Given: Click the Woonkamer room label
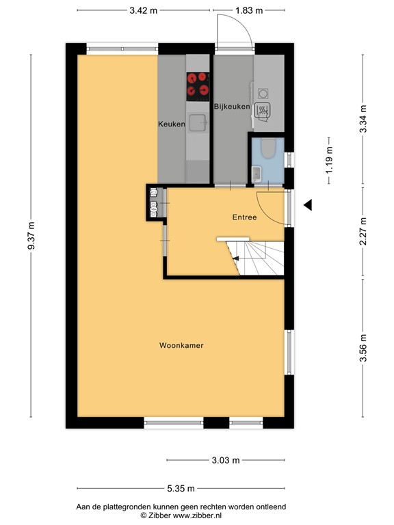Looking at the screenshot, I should (181, 345).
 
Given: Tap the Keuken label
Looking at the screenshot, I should (172, 124).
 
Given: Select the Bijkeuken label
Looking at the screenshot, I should (232, 107).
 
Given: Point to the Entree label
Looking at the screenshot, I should (244, 217).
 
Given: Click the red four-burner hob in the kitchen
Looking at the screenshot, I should (198, 84).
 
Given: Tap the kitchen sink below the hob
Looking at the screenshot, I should (198, 122).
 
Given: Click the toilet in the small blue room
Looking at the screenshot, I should (267, 148).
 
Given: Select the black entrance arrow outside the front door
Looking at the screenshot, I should (308, 204).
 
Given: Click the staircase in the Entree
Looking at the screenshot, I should (257, 258).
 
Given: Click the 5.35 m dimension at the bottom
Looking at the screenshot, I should (181, 488).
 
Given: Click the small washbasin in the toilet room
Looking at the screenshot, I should (255, 173).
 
